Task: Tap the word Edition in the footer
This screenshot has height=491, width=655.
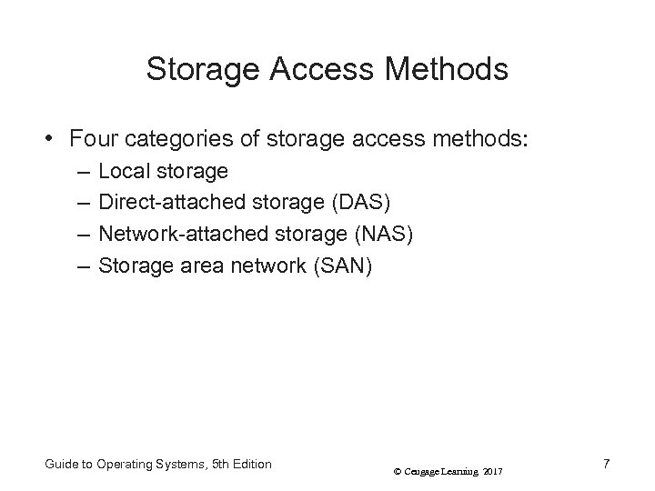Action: (247, 464)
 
